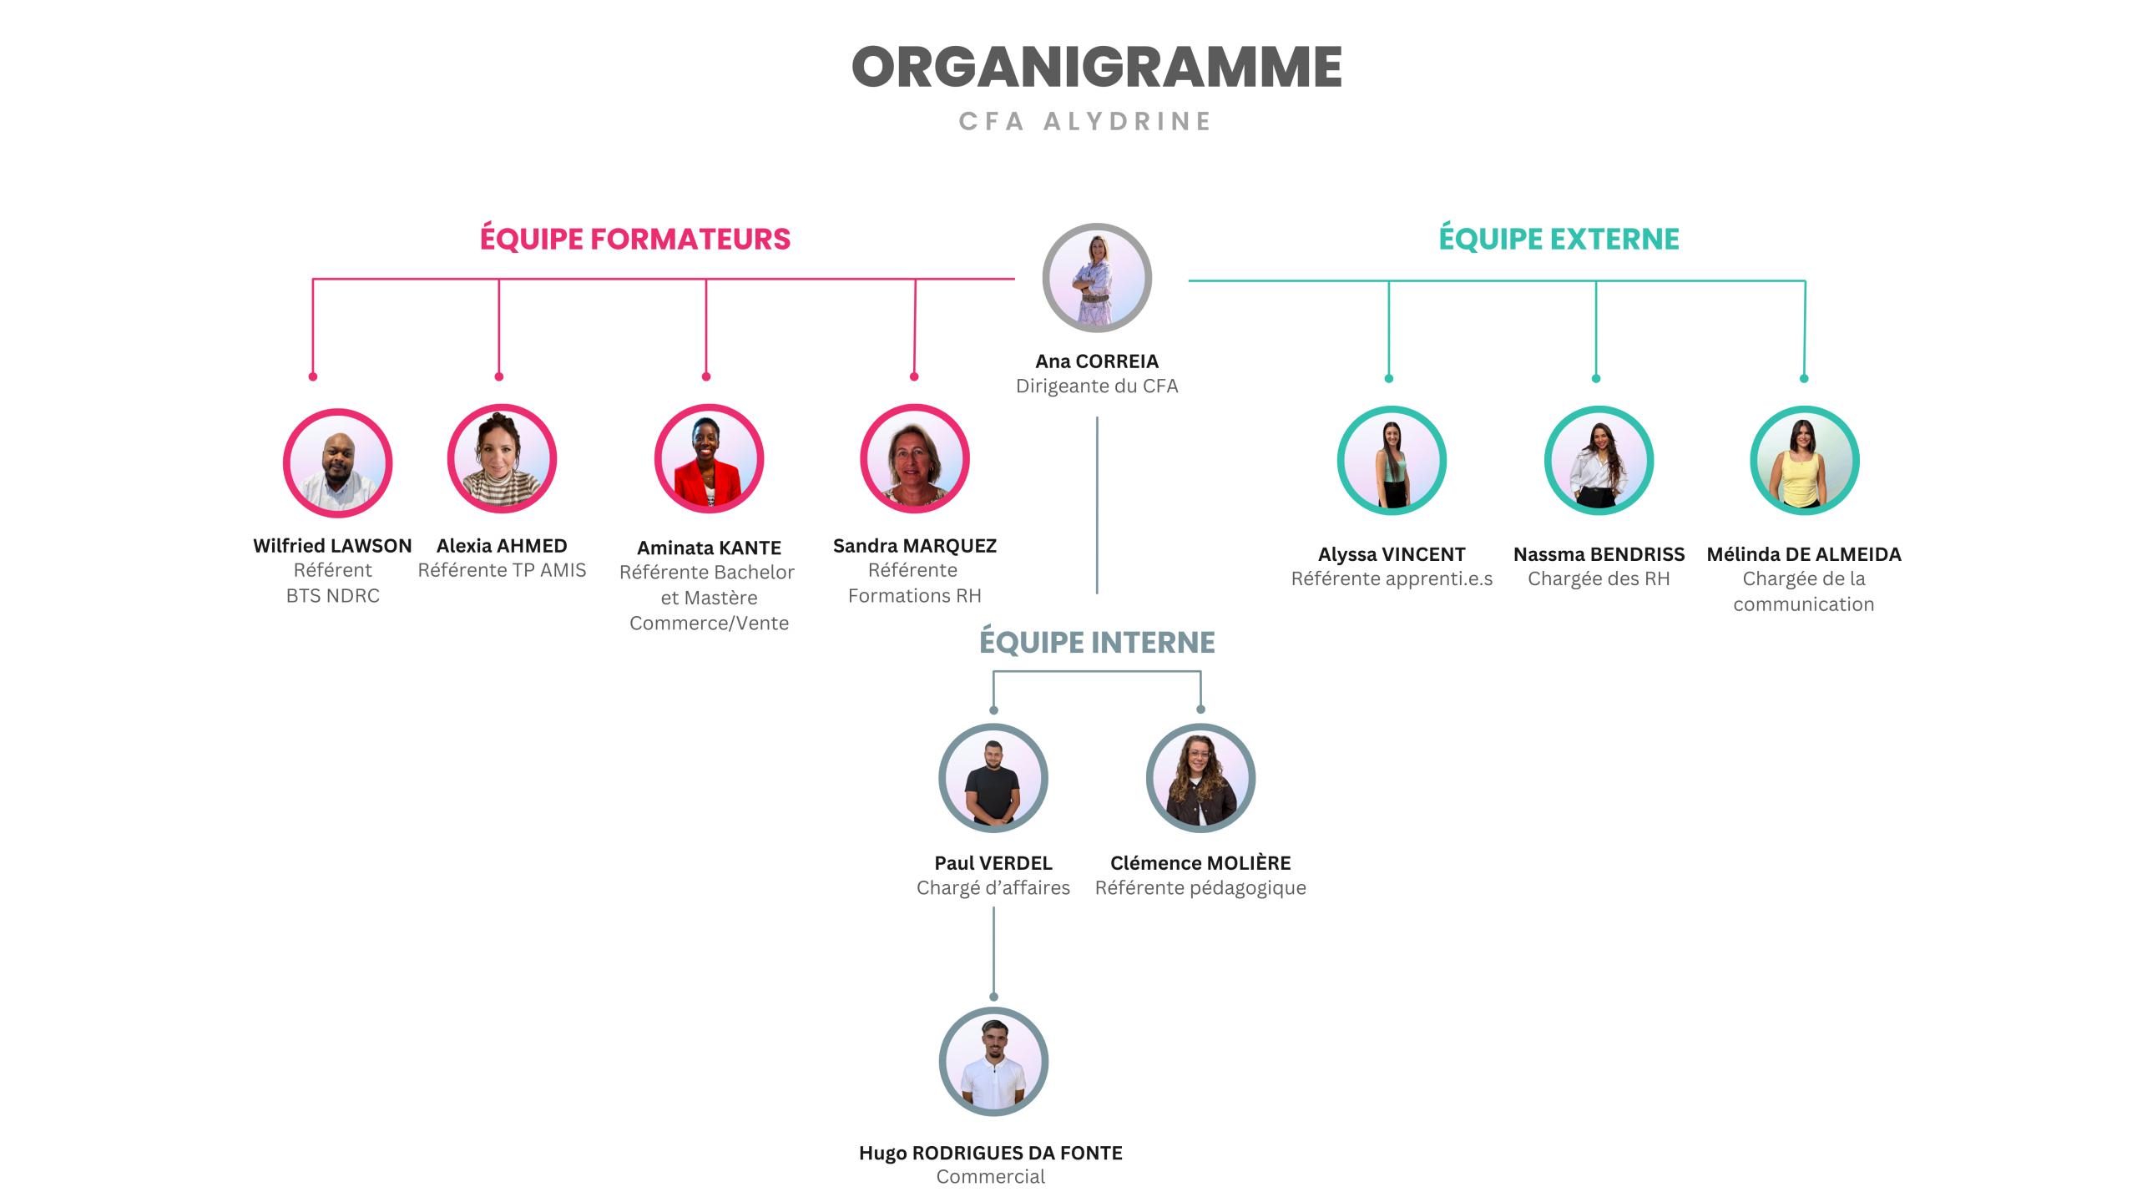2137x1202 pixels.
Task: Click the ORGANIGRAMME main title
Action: click(1096, 68)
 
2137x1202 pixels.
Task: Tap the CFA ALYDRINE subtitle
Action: click(1085, 122)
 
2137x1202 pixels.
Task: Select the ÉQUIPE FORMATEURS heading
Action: click(634, 240)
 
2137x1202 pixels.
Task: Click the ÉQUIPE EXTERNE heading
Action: click(1559, 240)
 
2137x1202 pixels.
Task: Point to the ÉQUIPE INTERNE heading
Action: click(1097, 642)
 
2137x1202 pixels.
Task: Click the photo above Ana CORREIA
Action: click(1097, 278)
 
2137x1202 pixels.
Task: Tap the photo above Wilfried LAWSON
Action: click(337, 462)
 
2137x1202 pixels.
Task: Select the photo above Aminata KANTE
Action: click(709, 459)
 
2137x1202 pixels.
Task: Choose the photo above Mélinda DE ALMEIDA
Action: click(1804, 461)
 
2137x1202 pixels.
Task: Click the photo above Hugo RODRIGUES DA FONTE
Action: click(993, 1062)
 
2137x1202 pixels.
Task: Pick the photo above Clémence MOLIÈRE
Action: click(1200, 778)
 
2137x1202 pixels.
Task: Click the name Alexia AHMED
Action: click(502, 546)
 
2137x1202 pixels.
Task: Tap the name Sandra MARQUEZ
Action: click(915, 546)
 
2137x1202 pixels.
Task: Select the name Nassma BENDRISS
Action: click(1599, 554)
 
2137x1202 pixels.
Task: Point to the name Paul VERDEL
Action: click(993, 863)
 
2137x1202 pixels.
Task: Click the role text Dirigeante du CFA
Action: click(1097, 386)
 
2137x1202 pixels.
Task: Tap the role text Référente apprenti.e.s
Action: click(1392, 579)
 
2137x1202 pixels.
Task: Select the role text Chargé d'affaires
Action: click(993, 888)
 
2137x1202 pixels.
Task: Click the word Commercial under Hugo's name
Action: click(991, 1177)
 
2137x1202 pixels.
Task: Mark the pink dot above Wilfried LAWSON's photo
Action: click(313, 377)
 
